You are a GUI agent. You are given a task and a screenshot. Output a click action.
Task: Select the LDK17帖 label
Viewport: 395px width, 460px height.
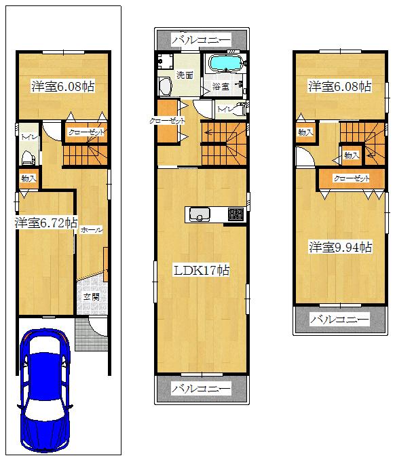click(202, 270)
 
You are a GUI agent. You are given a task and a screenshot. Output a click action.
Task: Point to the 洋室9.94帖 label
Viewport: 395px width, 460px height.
click(340, 247)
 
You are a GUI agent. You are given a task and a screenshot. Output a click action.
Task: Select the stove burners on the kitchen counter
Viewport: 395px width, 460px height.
click(235, 214)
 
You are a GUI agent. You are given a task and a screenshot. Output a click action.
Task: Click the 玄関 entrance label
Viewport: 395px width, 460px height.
click(92, 296)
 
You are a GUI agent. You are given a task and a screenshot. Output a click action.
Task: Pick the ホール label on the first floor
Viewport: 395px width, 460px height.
click(91, 230)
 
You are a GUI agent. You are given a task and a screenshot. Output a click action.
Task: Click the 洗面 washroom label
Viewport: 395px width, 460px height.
click(185, 75)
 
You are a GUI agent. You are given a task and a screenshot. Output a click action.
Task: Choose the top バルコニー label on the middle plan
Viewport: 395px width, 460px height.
click(201, 40)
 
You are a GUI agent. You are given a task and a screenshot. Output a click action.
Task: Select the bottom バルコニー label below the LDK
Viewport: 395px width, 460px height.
click(201, 389)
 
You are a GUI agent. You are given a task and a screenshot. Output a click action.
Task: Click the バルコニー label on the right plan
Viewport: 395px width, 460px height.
click(339, 319)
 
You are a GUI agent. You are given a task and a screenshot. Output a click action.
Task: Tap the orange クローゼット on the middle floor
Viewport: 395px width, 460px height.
click(166, 121)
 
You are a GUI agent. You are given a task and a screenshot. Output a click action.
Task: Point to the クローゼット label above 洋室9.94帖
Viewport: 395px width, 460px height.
click(351, 178)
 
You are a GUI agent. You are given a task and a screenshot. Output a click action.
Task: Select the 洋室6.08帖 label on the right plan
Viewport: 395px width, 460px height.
click(340, 86)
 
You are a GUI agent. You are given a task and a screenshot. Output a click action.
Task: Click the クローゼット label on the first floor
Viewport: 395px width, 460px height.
click(86, 134)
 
